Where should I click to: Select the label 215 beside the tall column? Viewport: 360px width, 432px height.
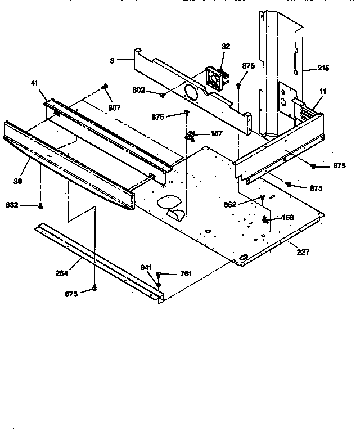[x=323, y=69]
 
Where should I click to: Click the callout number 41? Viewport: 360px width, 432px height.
[x=34, y=83]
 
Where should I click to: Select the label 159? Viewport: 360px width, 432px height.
[x=287, y=217]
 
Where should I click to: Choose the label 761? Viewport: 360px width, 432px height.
[x=185, y=273]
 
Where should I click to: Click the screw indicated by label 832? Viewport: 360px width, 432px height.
[x=40, y=206]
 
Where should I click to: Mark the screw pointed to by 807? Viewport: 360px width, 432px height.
[x=105, y=87]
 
